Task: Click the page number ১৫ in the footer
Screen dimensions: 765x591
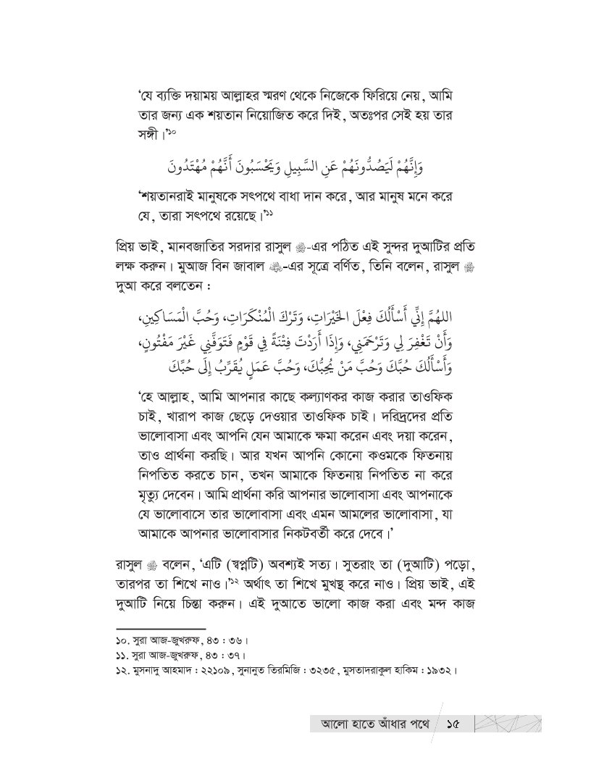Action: [x=455, y=724]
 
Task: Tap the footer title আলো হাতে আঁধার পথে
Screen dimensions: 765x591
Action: [x=372, y=724]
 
